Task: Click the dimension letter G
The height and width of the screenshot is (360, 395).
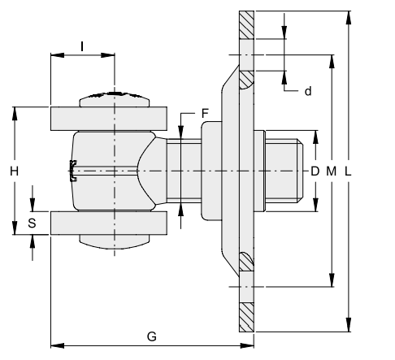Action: [x=152, y=336]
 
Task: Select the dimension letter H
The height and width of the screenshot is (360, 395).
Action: [x=14, y=171]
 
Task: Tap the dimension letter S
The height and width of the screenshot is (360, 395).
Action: [x=32, y=223]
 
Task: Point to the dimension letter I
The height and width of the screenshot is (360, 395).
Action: [x=82, y=46]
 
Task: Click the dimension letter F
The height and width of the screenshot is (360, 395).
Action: [x=205, y=114]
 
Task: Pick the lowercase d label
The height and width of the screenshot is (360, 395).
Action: [x=308, y=91]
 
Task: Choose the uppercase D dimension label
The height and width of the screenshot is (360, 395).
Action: [x=315, y=171]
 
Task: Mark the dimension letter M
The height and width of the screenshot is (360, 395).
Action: [x=331, y=171]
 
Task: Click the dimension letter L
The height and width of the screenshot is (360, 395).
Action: [x=348, y=171]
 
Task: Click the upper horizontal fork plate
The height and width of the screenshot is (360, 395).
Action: [x=109, y=119]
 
